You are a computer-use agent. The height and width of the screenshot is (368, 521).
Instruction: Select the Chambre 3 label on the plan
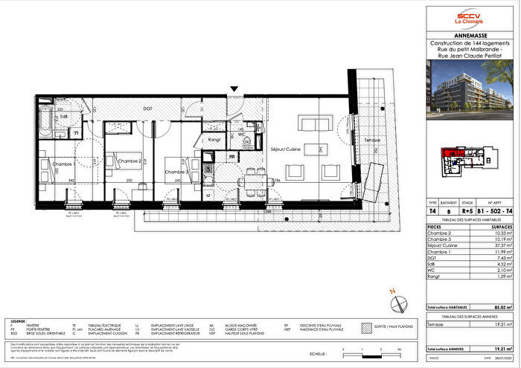[x=176, y=170]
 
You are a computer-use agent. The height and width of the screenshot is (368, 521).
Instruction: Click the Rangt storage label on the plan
[x=215, y=138]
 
